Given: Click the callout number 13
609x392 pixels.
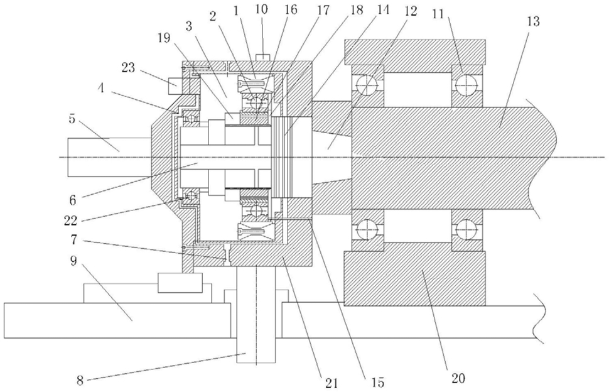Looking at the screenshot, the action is [x=533, y=21].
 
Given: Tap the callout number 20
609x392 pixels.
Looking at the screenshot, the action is [x=458, y=378].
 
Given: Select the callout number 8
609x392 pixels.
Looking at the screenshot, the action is [x=80, y=380].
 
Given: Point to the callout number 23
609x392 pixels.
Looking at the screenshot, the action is [x=128, y=68].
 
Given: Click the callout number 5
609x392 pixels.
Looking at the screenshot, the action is [x=73, y=119].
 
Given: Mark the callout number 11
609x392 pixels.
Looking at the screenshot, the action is [x=438, y=14].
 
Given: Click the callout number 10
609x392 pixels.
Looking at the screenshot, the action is [x=261, y=9].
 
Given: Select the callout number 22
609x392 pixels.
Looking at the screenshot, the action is [x=71, y=221].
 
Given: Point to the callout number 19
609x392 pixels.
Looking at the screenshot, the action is [x=164, y=38].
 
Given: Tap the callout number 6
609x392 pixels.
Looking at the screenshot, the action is [x=73, y=200].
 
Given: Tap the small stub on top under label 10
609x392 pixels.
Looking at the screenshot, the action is [x=262, y=57].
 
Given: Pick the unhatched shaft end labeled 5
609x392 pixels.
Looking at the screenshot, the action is [x=109, y=156].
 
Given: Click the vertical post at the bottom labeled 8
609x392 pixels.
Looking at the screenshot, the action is [x=256, y=315].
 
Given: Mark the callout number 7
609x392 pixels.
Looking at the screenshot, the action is [x=73, y=241].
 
